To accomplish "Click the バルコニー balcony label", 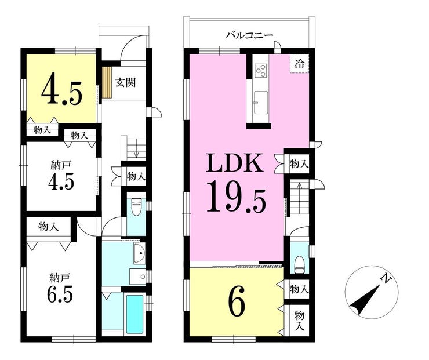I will point(249,35).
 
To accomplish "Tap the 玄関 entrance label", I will point(125,82).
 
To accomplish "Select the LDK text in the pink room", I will point(237,164).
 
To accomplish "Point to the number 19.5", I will point(237,199).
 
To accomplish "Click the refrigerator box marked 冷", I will point(299,63).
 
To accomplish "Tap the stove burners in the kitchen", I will point(260,71).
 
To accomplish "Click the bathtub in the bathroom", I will point(134,313).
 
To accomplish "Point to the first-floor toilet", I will point(136,206).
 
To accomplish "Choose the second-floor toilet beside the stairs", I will point(299,264).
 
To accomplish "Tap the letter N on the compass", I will point(384,279).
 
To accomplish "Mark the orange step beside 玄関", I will point(107,82).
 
